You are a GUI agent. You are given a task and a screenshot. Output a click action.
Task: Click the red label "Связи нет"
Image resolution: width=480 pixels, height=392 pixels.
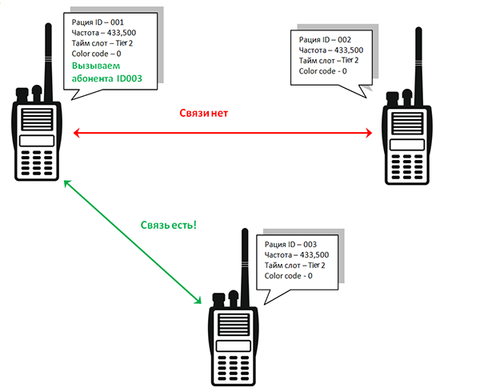click(203, 114)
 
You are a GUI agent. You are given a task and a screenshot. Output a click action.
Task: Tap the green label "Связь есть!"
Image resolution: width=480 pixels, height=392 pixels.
click(168, 226)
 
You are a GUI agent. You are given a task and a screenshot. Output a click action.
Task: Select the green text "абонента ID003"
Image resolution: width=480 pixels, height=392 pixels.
click(107, 78)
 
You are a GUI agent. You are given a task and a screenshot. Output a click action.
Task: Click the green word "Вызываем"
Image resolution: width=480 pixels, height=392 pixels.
click(96, 66)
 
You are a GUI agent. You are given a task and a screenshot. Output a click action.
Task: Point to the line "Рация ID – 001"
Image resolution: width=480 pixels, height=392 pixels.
click(98, 22)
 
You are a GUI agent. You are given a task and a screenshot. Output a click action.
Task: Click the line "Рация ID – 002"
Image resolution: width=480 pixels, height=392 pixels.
click(325, 40)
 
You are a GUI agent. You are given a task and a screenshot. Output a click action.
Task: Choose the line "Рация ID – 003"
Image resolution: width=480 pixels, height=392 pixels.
click(290, 245)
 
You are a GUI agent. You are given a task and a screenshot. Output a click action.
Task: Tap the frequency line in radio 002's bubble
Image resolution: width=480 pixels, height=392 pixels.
click(331, 50)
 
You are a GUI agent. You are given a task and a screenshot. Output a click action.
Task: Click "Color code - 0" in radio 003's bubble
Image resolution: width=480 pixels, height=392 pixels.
click(288, 276)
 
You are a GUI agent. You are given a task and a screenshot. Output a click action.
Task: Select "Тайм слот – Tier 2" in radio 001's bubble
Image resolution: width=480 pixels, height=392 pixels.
click(102, 43)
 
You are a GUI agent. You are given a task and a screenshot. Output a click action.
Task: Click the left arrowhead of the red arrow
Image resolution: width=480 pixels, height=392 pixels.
click(76, 133)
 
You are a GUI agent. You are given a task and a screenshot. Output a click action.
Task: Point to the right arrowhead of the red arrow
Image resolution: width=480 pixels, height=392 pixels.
click(369, 133)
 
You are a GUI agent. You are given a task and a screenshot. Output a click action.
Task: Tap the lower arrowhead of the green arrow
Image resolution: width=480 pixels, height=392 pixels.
click(198, 300)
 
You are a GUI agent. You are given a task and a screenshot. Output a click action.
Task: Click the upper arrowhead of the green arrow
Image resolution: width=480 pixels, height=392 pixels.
click(67, 184)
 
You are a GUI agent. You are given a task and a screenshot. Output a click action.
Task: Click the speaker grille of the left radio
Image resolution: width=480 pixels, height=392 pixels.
click(37, 119)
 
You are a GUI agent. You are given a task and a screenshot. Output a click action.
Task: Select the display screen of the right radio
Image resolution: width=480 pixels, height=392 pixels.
click(407, 145)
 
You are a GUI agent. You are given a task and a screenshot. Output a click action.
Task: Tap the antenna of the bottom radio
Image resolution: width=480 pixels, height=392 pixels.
click(245, 268)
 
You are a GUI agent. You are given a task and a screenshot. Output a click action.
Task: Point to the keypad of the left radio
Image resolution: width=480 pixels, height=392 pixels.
click(37, 163)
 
